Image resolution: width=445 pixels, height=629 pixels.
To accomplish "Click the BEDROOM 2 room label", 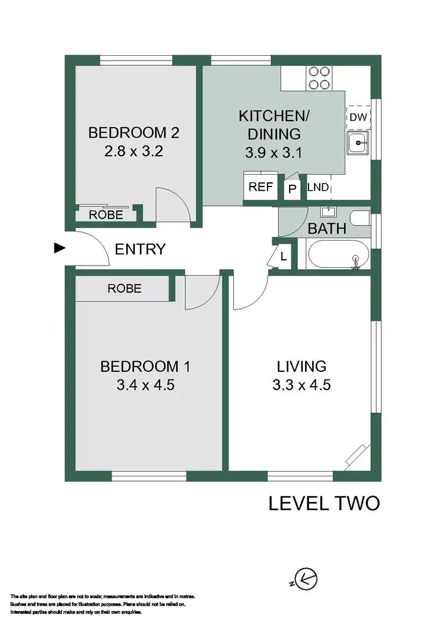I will pyautogui.click(x=133, y=132).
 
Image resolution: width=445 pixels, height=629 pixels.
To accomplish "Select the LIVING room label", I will pyautogui.click(x=301, y=366).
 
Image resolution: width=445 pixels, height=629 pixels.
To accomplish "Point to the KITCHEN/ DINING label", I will pyautogui.click(x=274, y=124).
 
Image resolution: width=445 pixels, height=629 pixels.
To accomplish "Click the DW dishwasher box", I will pyautogui.click(x=358, y=118).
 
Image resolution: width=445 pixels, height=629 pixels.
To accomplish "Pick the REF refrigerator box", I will pyautogui.click(x=260, y=187).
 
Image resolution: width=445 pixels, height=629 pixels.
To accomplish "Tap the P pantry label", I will pyautogui.click(x=293, y=188).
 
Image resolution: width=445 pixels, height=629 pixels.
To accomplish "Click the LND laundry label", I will pyautogui.click(x=318, y=188).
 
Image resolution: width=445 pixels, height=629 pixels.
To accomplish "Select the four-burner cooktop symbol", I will pyautogui.click(x=319, y=77).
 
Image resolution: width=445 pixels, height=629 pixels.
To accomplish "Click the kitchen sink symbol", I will pyautogui.click(x=358, y=143).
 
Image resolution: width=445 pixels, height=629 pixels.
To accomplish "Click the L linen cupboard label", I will pyautogui.click(x=284, y=257).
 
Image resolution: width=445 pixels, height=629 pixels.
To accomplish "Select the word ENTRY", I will pyautogui.click(x=140, y=249).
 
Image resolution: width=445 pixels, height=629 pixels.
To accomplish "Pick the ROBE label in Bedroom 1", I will pyautogui.click(x=125, y=289).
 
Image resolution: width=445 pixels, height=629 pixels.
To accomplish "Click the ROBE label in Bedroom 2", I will pyautogui.click(x=106, y=215).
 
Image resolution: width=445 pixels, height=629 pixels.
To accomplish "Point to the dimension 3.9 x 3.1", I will pyautogui.click(x=274, y=153).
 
